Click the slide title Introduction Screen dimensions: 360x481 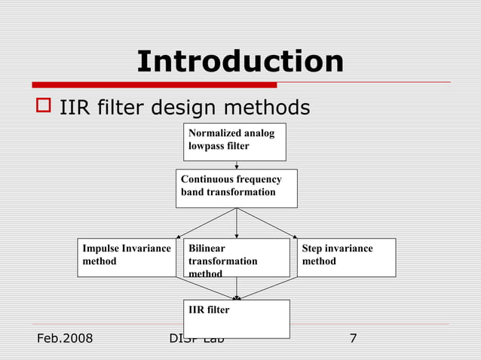tap(240, 61)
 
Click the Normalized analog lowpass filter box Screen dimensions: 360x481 tap(234, 142)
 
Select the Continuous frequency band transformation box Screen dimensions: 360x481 tap(237, 188)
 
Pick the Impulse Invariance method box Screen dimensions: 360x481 tap(127, 258)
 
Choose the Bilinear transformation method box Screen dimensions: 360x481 tap(236, 258)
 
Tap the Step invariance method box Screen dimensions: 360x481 tap(346, 258)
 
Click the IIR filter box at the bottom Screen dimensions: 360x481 tap(236, 319)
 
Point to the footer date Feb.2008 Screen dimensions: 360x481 tap(64, 338)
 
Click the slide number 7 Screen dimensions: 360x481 tap(353, 338)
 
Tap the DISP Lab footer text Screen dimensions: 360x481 tap(198, 339)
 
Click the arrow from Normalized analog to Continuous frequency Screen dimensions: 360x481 tap(237, 165)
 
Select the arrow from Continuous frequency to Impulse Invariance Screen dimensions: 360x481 tap(207, 223)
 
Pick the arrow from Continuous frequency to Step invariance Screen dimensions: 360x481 tap(267, 223)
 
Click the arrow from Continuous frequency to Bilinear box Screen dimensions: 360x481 tap(237, 223)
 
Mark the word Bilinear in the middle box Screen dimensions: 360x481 tap(207, 248)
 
